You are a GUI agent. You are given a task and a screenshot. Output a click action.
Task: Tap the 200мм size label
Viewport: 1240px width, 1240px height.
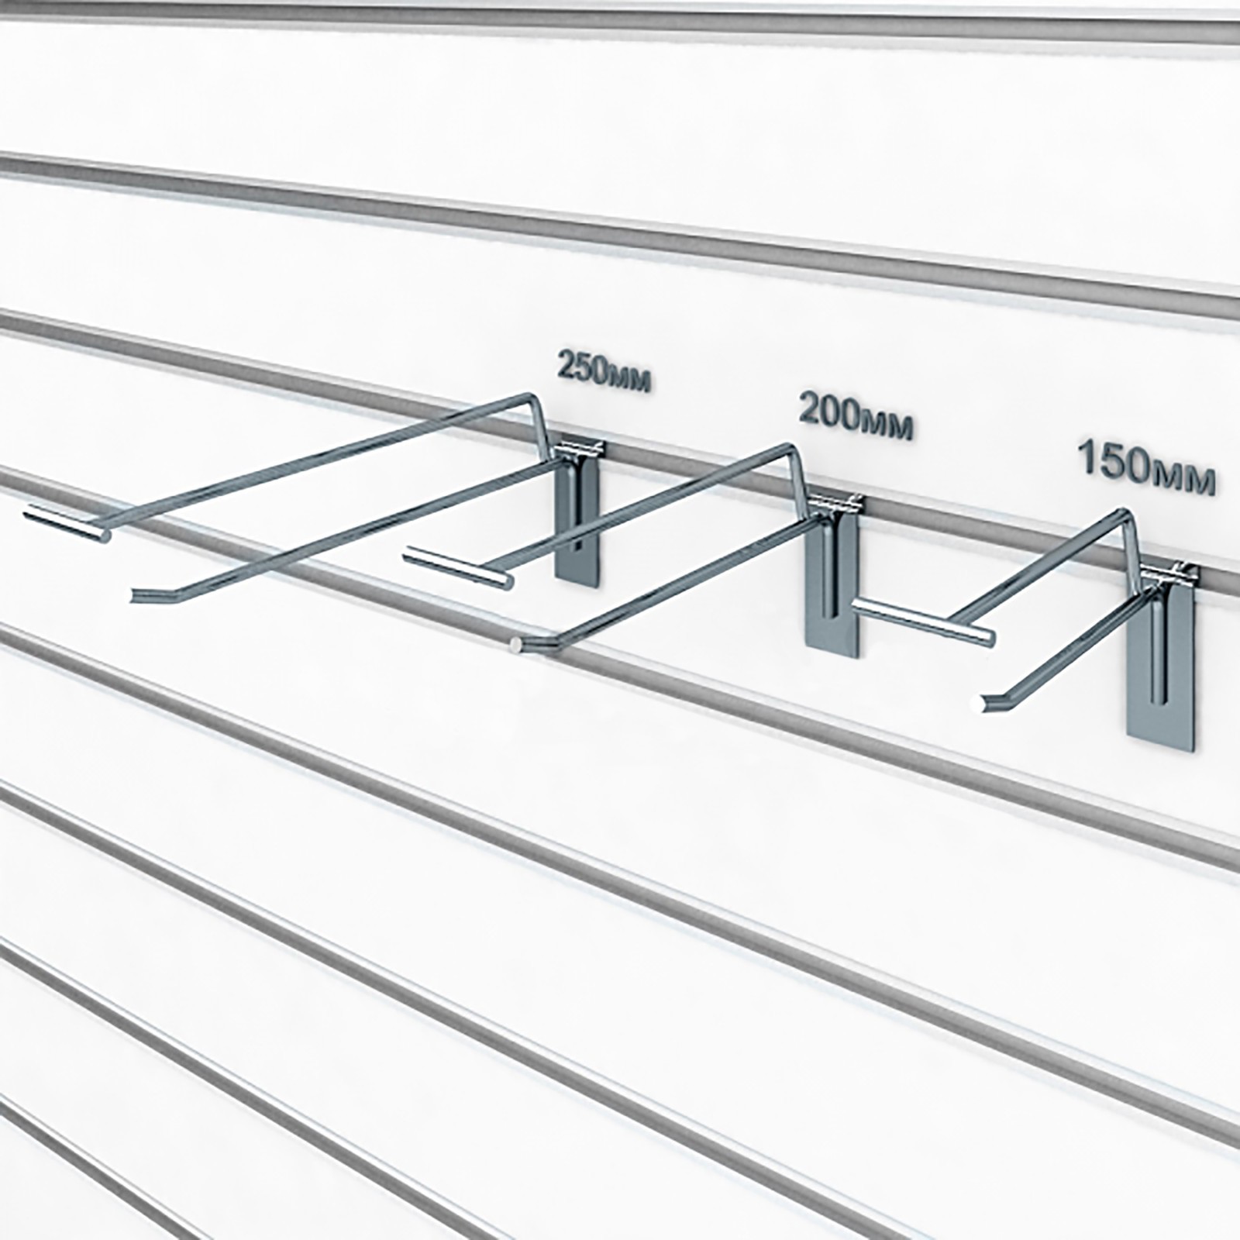pos(855,418)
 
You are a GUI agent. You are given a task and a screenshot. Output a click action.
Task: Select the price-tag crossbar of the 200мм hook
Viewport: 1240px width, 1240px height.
pos(456,566)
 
